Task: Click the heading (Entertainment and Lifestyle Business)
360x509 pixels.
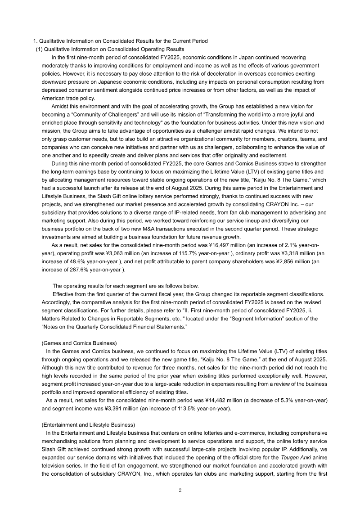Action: [88, 424]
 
